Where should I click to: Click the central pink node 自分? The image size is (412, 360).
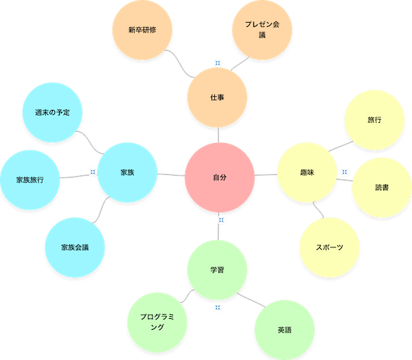coord(220,177)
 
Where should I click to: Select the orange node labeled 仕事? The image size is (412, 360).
coord(218,98)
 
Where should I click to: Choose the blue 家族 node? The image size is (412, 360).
coord(127,172)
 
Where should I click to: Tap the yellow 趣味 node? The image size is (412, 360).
coord(307,172)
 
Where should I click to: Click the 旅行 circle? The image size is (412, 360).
coord(374,120)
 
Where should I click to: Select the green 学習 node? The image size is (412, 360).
coord(217,270)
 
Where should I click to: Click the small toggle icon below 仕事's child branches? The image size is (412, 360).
coord(217,63)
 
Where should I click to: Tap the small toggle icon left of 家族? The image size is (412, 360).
coord(91,171)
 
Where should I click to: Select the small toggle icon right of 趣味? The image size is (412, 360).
coord(344,172)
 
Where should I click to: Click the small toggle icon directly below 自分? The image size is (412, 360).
coord(220,220)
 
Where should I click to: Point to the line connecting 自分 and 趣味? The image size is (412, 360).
coord(265,175)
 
